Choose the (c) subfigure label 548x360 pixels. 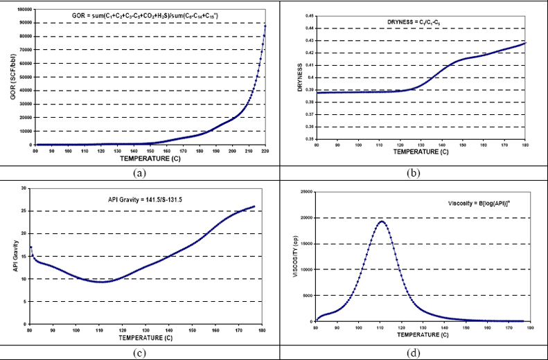tap(139, 352)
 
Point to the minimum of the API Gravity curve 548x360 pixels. tap(102, 282)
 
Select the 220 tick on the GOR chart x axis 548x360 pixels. tap(265, 150)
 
